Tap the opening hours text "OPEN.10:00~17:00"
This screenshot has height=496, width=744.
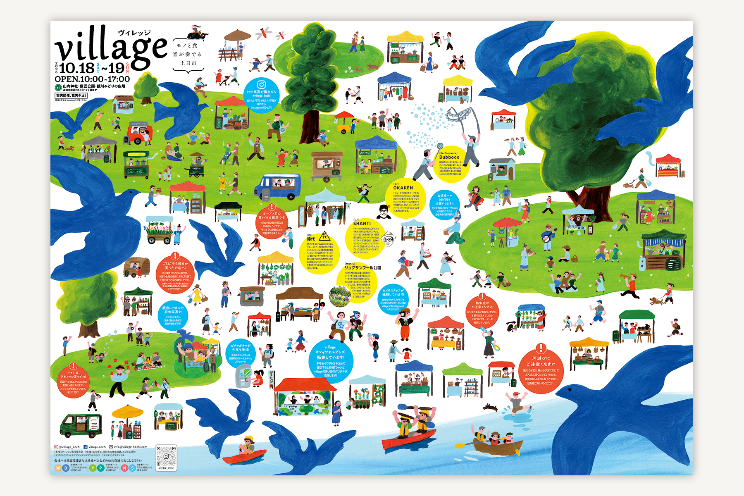click(92, 79)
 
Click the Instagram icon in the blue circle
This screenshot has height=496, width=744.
click(261, 85)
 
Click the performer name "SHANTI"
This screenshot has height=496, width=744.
click(362, 224)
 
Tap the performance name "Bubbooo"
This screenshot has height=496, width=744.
click(449, 157)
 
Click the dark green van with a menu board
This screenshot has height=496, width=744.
click(81, 426)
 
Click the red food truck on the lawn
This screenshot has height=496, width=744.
click(138, 133)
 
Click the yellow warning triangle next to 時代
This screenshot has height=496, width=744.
click(324, 236)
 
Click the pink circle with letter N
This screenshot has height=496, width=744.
click(124, 468)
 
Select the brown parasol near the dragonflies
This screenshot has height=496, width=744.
click(237, 35)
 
